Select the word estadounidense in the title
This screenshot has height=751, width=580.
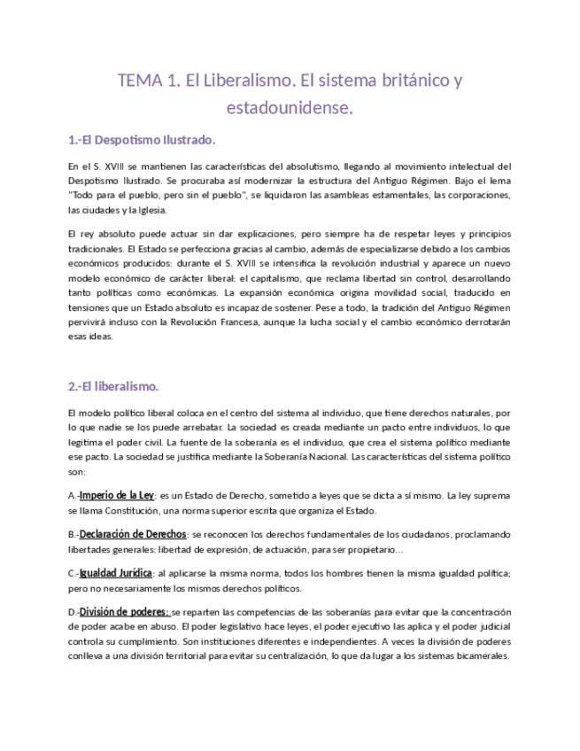[290, 110]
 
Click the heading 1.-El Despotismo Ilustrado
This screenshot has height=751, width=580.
[142, 140]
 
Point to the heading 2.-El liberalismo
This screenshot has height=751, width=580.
[113, 387]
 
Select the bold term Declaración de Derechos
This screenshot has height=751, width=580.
[133, 535]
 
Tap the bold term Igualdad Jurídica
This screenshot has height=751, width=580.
[116, 574]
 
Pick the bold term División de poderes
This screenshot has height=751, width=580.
[124, 613]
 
